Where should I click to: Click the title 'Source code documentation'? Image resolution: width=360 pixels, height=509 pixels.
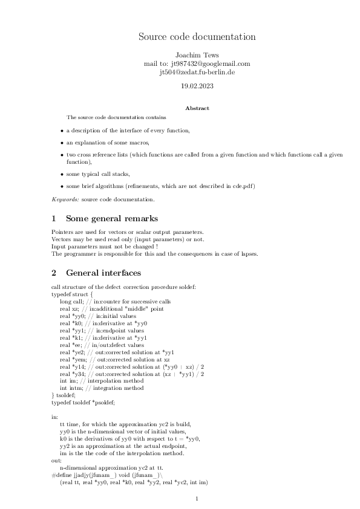pyautogui.click(x=197, y=37)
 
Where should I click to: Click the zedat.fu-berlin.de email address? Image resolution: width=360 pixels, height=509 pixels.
pyautogui.click(x=197, y=72)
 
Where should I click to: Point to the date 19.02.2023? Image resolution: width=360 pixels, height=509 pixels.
pyautogui.click(x=197, y=86)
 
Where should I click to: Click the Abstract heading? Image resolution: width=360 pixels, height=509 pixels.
pyautogui.click(x=197, y=108)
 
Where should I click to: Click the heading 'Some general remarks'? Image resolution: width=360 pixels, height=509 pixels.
pyautogui.click(x=112, y=218)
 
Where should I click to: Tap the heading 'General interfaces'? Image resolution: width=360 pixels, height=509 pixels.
pyautogui.click(x=103, y=273)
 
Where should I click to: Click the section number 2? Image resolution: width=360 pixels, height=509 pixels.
pyautogui.click(x=54, y=273)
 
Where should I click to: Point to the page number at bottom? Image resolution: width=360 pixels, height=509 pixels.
pyautogui.click(x=197, y=499)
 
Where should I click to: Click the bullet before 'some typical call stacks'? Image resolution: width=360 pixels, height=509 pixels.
pyautogui.click(x=61, y=174)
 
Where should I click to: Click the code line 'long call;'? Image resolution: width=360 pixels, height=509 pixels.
pyautogui.click(x=72, y=301)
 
